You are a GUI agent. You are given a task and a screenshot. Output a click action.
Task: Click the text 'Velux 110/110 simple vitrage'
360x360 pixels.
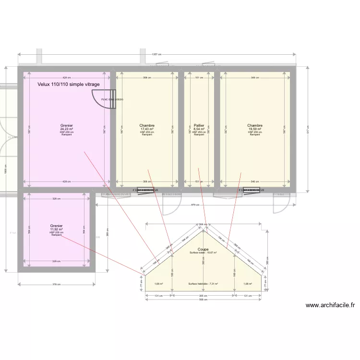coord(69,84)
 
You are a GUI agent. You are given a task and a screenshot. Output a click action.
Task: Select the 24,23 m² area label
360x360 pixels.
coord(67,129)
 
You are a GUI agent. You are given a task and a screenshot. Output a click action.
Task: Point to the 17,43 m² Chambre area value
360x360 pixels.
coord(147,129)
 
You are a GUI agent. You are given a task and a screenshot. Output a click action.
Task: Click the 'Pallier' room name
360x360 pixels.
coord(199,126)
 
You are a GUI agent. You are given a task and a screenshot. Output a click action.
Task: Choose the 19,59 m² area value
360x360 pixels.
coord(255,129)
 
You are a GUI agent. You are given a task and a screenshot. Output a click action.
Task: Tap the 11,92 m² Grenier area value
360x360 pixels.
coord(57,229)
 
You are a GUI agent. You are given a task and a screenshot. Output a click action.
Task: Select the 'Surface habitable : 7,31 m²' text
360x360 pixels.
coord(203,284)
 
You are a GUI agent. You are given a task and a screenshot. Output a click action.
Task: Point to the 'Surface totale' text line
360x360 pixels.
coord(203,253)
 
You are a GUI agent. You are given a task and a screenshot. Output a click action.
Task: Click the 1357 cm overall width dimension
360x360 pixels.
coord(156,54)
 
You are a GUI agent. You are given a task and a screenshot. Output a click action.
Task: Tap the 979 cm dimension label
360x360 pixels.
coord(195,205)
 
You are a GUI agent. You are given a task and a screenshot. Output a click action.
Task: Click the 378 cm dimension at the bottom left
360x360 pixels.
coord(57,285)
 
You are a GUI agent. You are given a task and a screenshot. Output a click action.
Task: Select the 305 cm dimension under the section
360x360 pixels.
coord(203,296)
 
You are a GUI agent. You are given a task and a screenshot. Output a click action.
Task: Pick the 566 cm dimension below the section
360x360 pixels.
coord(203,300)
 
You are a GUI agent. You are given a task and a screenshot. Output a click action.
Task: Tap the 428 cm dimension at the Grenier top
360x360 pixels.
coord(67,78)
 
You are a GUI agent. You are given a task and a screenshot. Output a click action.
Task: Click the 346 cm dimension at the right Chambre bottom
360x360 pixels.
coord(255,181)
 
